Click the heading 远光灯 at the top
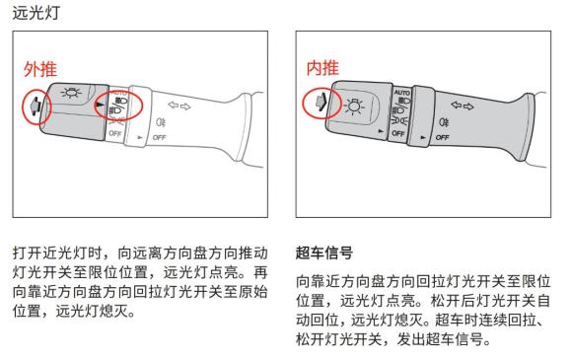[x=36, y=13]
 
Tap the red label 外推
[x=40, y=69]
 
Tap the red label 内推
[x=322, y=68]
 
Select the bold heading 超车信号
[x=323, y=252]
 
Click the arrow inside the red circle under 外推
[x=35, y=107]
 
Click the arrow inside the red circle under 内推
[x=320, y=102]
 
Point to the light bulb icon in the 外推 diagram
[x=71, y=93]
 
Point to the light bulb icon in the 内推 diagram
[x=353, y=107]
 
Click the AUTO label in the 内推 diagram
[x=401, y=93]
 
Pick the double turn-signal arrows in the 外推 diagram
[x=179, y=106]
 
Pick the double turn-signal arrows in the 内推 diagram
[x=463, y=106]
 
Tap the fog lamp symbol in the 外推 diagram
[x=161, y=122]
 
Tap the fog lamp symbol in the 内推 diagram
[x=444, y=122]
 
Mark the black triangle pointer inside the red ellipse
[x=100, y=105]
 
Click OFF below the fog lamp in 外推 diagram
[x=159, y=137]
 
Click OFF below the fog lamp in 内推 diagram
[x=442, y=137]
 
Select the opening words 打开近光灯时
[x=58, y=252]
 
